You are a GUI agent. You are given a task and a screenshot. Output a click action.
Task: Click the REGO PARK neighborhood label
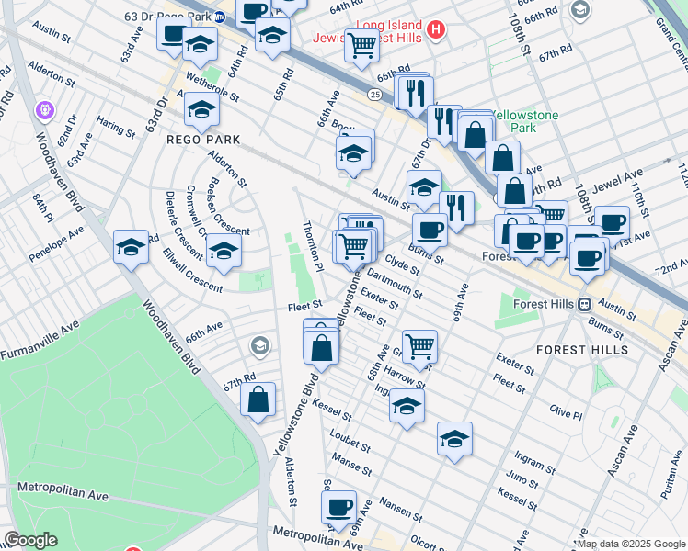(203, 140)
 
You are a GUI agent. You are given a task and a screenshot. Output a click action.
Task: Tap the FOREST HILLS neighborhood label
(582, 350)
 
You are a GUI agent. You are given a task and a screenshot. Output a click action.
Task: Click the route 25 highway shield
(374, 94)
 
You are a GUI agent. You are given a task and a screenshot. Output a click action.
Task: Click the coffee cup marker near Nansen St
(338, 506)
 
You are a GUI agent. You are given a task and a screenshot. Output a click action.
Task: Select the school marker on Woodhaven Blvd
(131, 247)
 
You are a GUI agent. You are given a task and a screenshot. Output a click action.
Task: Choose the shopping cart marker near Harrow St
(419, 346)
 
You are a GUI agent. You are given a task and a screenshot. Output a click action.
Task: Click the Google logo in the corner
(30, 540)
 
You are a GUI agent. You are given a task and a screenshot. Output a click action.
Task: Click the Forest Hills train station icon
(582, 304)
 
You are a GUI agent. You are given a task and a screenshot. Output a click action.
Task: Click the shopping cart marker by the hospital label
(362, 43)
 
